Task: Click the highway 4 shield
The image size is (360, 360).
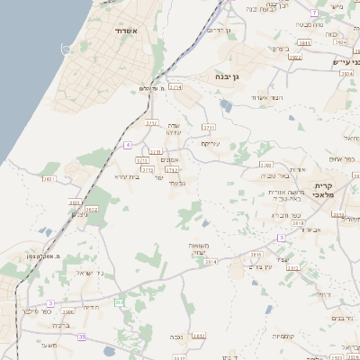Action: (x=129, y=144)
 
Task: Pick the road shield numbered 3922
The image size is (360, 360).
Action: (x=295, y=57)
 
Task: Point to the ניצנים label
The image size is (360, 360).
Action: (x=79, y=214)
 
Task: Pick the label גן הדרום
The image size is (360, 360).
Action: (x=218, y=31)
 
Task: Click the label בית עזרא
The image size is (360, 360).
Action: (x=129, y=176)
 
